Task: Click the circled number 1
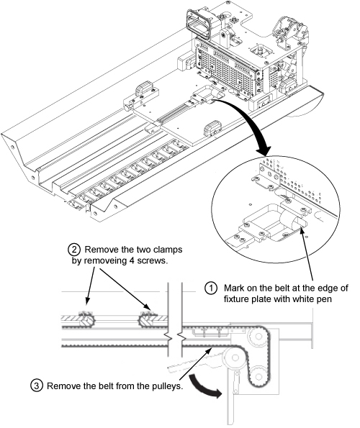point(210,288)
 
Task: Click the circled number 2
point(73,250)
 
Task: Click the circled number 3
point(36,386)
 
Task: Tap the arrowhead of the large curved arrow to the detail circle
point(264,150)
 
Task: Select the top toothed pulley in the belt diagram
point(256,337)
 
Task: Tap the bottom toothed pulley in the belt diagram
point(257,376)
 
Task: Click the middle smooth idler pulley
point(233,357)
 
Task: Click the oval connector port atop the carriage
point(199,24)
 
